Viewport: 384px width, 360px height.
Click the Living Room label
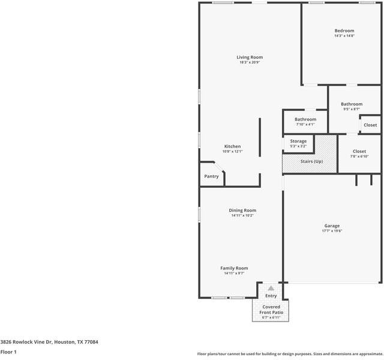click(x=249, y=58)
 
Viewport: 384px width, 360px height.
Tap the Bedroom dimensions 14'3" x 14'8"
click(x=344, y=36)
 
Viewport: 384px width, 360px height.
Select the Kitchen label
click(x=232, y=146)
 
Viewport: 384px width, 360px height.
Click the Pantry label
click(x=211, y=176)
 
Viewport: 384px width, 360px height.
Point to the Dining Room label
click(x=242, y=210)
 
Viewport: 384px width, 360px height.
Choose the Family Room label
click(x=234, y=268)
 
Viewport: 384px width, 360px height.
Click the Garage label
click(x=332, y=226)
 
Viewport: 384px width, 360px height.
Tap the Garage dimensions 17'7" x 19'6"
click(x=332, y=231)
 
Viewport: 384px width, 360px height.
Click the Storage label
click(x=298, y=141)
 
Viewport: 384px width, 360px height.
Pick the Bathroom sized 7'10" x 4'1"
click(x=305, y=119)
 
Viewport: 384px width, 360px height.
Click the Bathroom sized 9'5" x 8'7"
click(x=352, y=104)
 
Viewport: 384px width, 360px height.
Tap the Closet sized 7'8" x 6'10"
click(x=359, y=152)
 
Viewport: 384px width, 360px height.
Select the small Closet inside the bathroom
click(x=370, y=125)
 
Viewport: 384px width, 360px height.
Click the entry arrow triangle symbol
click(x=271, y=289)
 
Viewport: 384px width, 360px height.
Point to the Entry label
click(x=271, y=296)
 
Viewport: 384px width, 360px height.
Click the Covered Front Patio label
click(x=271, y=309)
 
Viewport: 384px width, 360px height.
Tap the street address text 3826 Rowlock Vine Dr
click(x=49, y=342)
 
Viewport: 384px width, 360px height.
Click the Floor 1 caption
click(x=8, y=352)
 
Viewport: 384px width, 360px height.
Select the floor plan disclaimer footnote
click(x=290, y=353)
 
